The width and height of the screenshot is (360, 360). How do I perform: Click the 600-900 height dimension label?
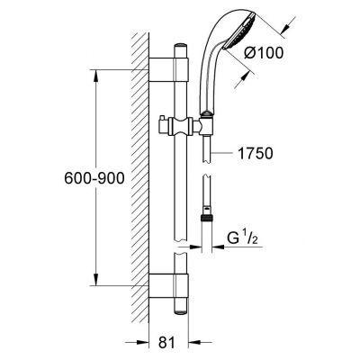click(x=94, y=179)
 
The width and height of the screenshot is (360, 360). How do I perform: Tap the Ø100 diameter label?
click(x=264, y=53)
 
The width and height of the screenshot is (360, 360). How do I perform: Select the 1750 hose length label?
click(x=256, y=153)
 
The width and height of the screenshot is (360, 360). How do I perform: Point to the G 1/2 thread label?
click(x=243, y=238)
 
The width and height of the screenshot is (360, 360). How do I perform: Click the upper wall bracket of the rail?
click(x=168, y=69)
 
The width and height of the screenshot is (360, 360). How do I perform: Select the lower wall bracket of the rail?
click(x=168, y=285)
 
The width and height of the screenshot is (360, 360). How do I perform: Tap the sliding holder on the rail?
click(x=181, y=126)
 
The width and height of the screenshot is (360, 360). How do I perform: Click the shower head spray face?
click(x=240, y=31)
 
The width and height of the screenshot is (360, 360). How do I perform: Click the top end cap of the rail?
click(x=181, y=46)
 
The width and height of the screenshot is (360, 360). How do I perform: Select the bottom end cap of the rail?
click(x=181, y=312)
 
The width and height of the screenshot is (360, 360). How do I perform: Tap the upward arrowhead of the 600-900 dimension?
click(x=95, y=76)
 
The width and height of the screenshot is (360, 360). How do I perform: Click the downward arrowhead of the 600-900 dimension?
click(x=95, y=280)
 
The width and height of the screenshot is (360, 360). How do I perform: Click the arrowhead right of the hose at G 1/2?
click(x=218, y=247)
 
